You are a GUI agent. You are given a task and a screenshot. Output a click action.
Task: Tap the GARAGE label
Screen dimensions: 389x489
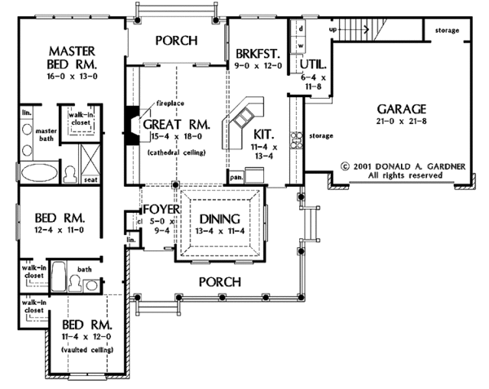point(401,108)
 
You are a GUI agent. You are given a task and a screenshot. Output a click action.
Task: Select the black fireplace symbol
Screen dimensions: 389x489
point(130,122)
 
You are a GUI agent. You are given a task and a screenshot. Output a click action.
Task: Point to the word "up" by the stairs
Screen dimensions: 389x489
point(333,30)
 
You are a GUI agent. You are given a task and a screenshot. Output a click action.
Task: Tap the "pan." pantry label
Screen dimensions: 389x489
point(237,175)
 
